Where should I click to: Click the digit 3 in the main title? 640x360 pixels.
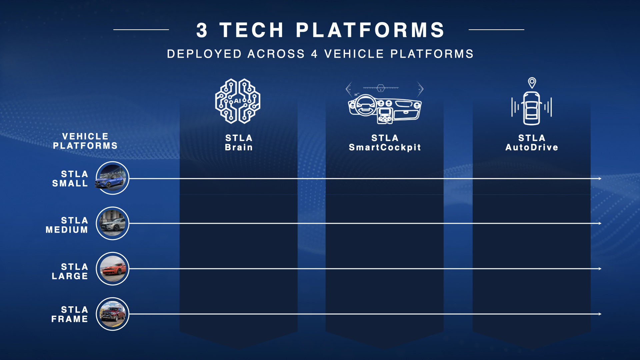202,30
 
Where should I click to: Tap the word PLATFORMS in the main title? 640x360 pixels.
370,30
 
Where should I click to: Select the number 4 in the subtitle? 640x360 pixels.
314,54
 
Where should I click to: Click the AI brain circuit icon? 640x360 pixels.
238,101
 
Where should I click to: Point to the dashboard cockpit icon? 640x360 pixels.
384,103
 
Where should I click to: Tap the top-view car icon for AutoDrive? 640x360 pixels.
532,108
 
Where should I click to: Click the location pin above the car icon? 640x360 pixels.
532,83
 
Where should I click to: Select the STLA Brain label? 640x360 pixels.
239,143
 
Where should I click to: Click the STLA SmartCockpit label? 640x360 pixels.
385,143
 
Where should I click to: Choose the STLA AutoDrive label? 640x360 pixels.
532,143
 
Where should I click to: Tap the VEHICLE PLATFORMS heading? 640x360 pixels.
85,141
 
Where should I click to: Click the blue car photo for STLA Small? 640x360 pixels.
112,178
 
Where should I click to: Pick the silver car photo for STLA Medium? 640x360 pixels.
112,223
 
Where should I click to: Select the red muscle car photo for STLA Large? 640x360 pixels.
112,269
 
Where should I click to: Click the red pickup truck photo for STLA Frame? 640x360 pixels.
112,314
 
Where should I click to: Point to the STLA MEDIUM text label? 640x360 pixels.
67,225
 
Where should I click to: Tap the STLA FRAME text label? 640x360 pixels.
70,314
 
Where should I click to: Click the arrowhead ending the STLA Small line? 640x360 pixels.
600,179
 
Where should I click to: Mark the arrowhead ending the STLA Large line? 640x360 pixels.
600,269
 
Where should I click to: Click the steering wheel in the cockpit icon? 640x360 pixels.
365,106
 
